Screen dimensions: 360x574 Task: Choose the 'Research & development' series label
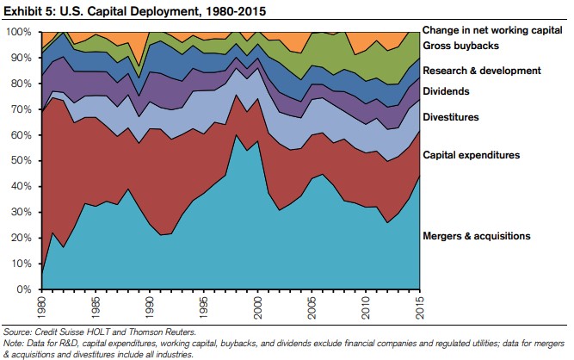[x=481, y=71]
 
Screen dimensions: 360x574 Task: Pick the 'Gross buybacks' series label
[x=461, y=45]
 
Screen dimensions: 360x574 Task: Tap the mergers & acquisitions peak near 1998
[x=237, y=135]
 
